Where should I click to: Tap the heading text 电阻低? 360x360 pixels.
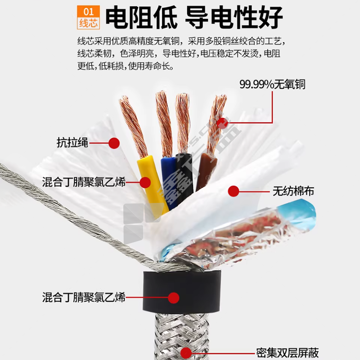141,18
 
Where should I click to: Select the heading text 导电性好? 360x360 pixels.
234,18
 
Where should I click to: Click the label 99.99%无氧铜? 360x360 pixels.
272,84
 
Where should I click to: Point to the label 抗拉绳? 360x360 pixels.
72,143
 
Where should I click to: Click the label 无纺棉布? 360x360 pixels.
293,191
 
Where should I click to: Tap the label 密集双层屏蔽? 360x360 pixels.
288,353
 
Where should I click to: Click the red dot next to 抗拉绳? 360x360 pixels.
114,143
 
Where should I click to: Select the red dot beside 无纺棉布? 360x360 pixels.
234,191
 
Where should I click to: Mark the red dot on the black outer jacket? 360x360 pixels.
174,298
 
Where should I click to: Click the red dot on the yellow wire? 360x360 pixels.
145,183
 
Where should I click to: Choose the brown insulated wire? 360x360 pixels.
206,171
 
